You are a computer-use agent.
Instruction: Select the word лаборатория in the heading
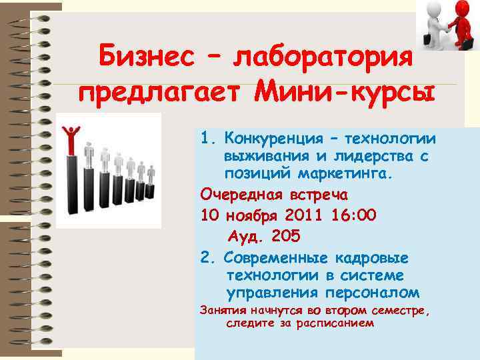pos(326,59)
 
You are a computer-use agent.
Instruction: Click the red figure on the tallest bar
pos(72,137)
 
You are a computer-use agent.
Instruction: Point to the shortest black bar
pos(150,193)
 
